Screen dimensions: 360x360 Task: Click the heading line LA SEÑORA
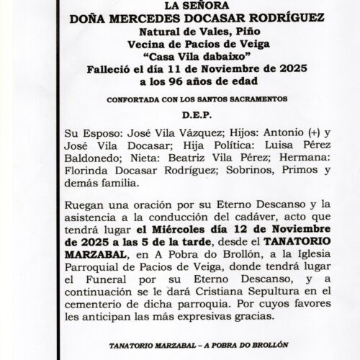[x=179, y=7]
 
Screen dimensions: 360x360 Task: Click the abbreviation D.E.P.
[x=179, y=114]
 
